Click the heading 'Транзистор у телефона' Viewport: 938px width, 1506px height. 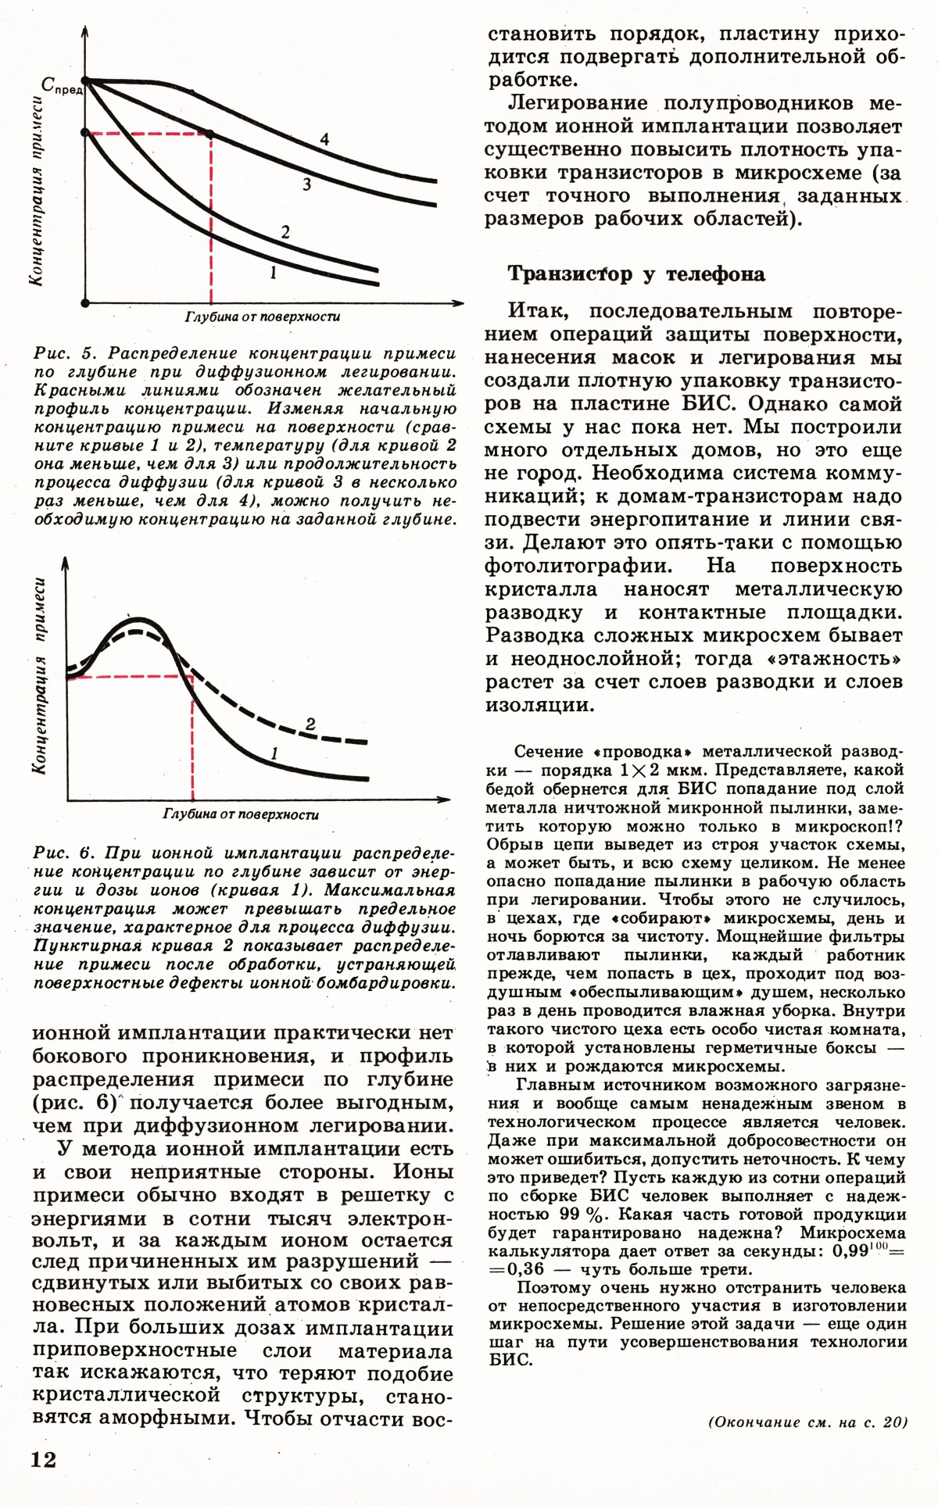coord(636,274)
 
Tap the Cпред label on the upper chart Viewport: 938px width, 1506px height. coord(62,87)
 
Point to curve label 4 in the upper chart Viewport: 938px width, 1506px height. coord(324,140)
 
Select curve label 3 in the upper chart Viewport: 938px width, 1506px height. coord(307,184)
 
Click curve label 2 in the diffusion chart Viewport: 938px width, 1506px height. coord(285,232)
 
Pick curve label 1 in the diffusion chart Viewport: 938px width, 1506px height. coord(273,273)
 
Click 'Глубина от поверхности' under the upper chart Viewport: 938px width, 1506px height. coord(263,317)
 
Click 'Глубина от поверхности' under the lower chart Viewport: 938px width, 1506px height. coord(241,814)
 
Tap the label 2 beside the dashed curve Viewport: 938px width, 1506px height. coord(310,724)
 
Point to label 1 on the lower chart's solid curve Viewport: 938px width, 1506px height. coord(274,754)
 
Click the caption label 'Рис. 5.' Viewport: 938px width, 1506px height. coord(65,353)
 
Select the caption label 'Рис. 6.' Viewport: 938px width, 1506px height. coord(64,853)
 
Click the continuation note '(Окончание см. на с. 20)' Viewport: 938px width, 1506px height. coord(808,1422)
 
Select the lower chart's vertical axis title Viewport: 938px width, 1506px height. coord(38,676)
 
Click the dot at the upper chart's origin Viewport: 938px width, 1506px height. coord(85,302)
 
